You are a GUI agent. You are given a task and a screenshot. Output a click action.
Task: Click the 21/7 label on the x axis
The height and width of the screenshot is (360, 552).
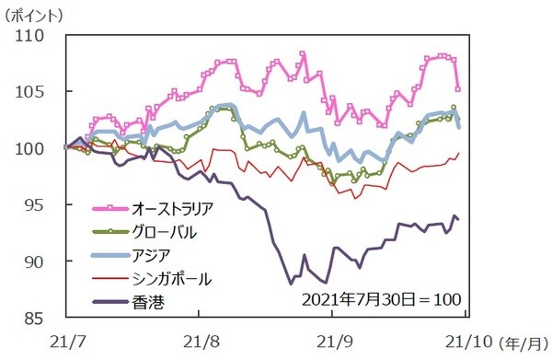coord(65,339)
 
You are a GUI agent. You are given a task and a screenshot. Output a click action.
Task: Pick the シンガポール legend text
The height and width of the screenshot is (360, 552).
coord(171,276)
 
